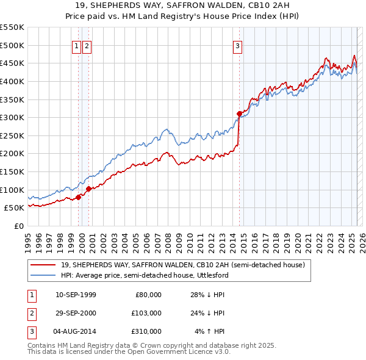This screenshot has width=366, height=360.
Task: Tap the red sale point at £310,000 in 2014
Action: (x=239, y=113)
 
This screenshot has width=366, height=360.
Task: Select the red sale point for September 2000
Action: (x=88, y=189)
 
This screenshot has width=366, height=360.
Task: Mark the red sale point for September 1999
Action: (x=78, y=196)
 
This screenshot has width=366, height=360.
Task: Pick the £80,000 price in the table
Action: (x=148, y=294)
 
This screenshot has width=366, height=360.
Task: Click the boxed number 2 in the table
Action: (x=30, y=312)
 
